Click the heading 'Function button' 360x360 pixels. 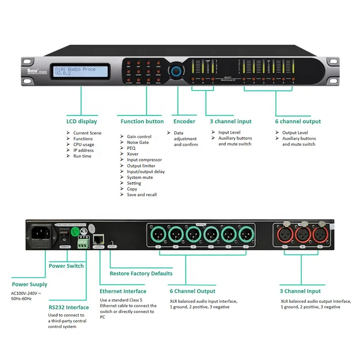pyautogui.click(x=142, y=121)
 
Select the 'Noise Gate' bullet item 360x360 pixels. pyautogui.click(x=138, y=142)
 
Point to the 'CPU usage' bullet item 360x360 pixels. pyautogui.click(x=84, y=144)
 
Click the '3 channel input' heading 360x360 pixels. pyautogui.click(x=230, y=121)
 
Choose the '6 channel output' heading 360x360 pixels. pyautogui.click(x=298, y=121)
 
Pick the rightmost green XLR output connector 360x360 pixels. pyautogui.click(x=246, y=235)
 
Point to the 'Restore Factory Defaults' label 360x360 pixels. pyautogui.click(x=141, y=274)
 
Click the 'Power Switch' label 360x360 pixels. pyautogui.click(x=66, y=266)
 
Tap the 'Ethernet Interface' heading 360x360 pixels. pyautogui.click(x=123, y=291)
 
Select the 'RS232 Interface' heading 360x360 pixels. pyautogui.click(x=69, y=307)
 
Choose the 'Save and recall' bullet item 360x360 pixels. pyautogui.click(x=142, y=195)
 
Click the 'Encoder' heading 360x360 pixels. pyautogui.click(x=184, y=121)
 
